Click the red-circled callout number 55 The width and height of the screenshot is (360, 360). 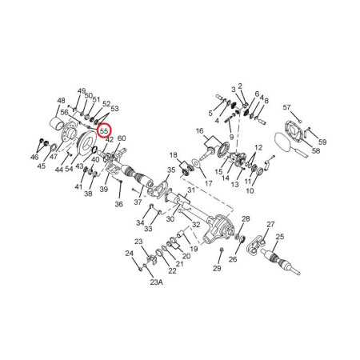pyautogui.click(x=104, y=131)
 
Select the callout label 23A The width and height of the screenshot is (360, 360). pyautogui.click(x=156, y=282)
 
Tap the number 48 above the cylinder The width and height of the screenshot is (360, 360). pyautogui.click(x=61, y=101)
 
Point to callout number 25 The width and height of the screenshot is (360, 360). pyautogui.click(x=280, y=237)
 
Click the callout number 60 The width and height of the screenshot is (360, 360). pyautogui.click(x=122, y=138)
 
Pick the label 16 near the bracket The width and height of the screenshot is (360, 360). pyautogui.click(x=199, y=131)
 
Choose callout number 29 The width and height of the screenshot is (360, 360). pyautogui.click(x=217, y=268)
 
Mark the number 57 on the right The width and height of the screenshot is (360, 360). pyautogui.click(x=286, y=107)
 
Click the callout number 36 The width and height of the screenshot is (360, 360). pyautogui.click(x=119, y=204)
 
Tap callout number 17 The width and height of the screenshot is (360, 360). pyautogui.click(x=209, y=183)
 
